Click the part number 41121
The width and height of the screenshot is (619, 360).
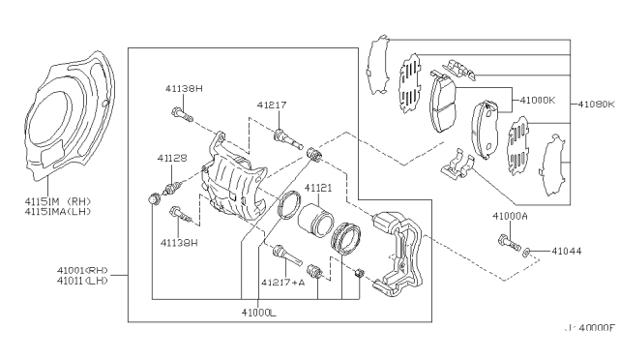319,188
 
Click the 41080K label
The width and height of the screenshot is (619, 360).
597,103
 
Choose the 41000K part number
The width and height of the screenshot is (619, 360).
539,100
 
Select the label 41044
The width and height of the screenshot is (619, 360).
567,251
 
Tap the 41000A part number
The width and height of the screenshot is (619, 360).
510,216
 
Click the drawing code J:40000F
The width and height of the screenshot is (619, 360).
589,329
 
